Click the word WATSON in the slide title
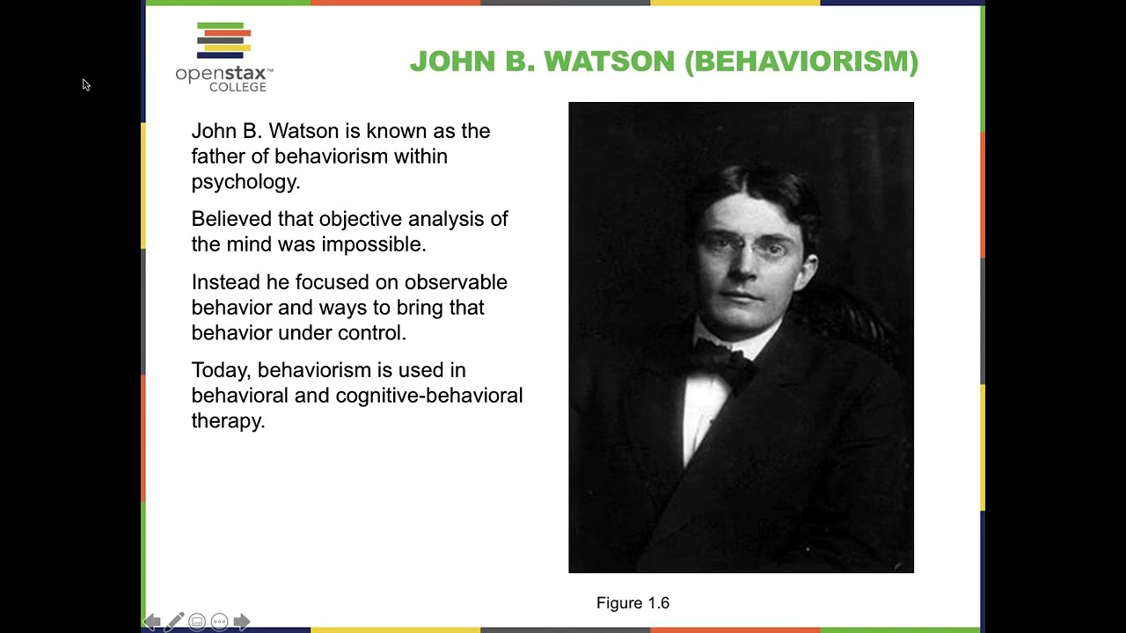[609, 62]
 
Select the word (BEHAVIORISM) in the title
[801, 62]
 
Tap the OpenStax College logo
[224, 57]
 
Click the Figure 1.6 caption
[632, 603]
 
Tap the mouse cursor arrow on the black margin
[85, 84]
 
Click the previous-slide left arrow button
[151, 622]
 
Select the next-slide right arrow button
[242, 622]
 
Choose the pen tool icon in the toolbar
[174, 622]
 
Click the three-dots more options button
[219, 622]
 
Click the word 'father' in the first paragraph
[217, 156]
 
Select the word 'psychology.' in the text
[245, 182]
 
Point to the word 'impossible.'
[373, 244]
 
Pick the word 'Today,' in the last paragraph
[221, 370]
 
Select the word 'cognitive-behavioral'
[429, 396]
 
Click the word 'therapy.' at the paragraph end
[228, 421]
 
